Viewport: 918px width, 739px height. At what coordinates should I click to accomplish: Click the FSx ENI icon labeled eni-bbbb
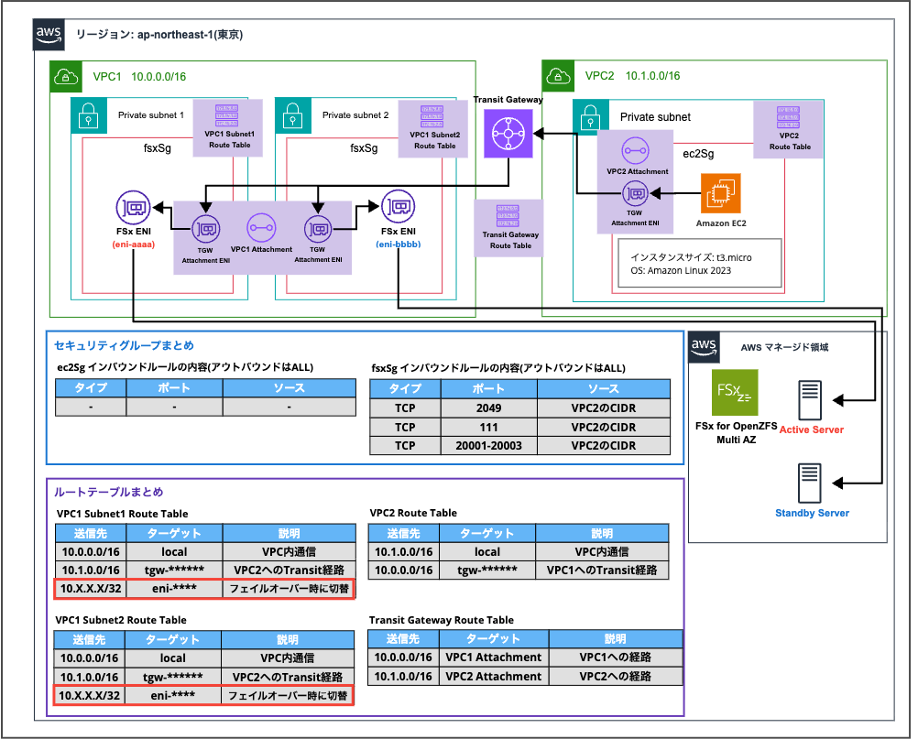point(398,208)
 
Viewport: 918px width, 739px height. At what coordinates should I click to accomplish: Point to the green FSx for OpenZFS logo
point(735,394)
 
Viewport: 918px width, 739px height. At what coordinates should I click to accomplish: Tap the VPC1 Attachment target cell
point(493,657)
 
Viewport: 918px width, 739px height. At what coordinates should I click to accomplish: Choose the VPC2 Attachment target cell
point(493,677)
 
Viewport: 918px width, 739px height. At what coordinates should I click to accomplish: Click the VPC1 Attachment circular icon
point(260,227)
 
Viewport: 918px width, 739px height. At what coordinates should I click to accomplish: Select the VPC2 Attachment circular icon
point(635,150)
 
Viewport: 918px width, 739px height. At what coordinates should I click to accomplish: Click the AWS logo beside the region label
point(49,34)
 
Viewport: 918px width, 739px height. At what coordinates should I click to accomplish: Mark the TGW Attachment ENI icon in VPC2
point(635,195)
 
